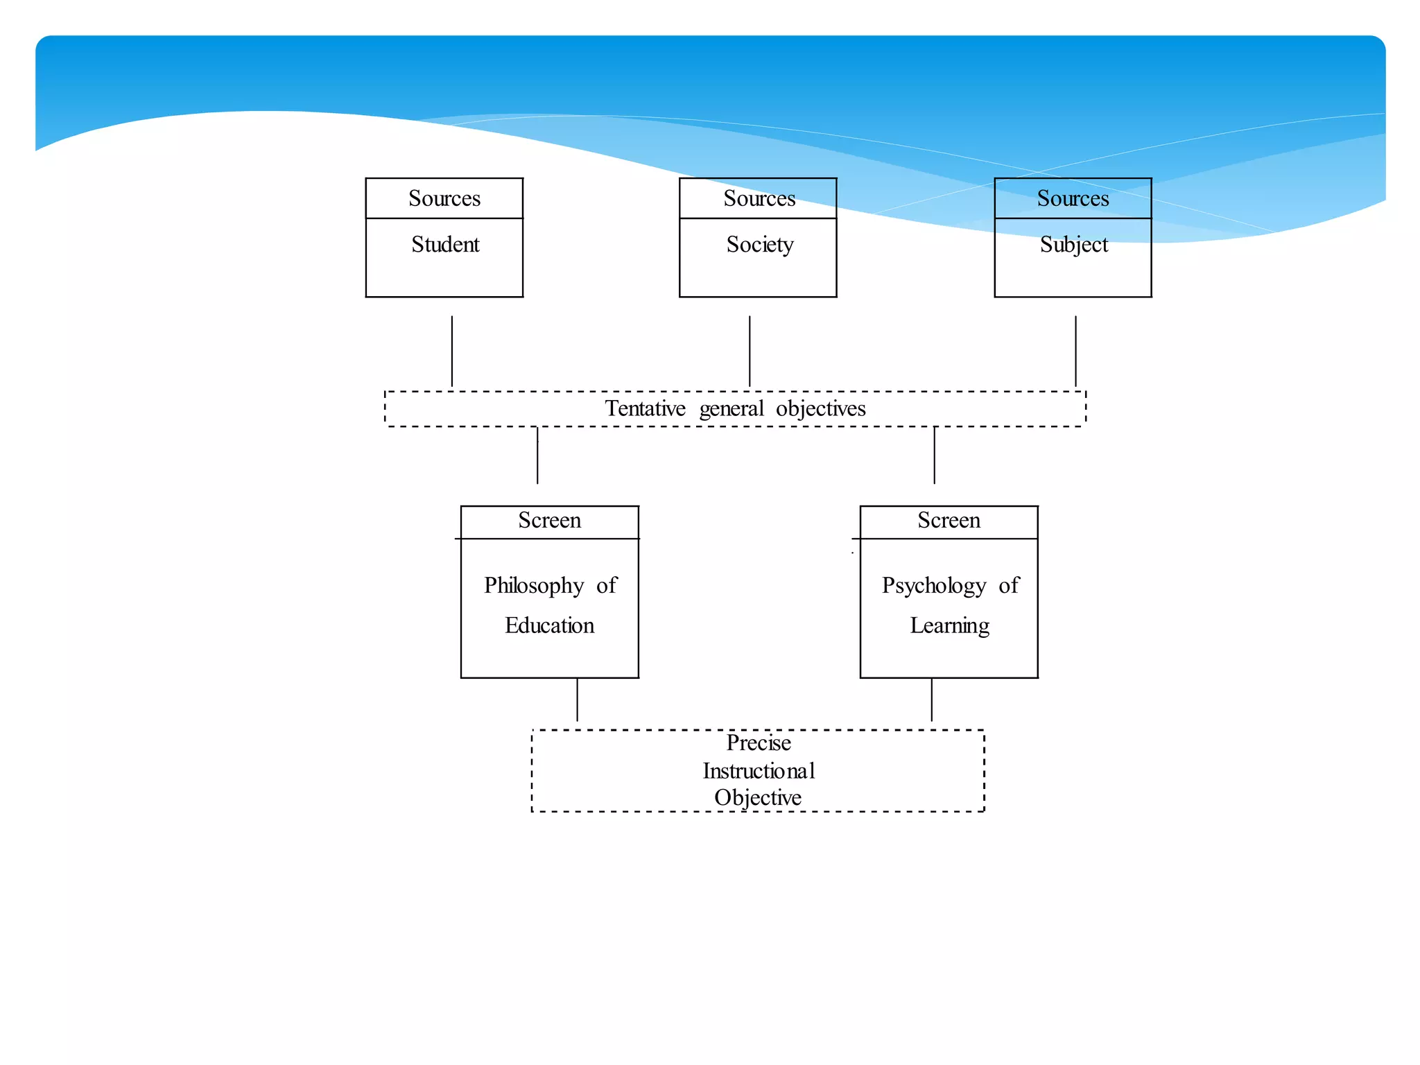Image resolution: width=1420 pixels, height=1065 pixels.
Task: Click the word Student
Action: pos(445,245)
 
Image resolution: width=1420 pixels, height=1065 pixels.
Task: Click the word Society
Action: pos(760,245)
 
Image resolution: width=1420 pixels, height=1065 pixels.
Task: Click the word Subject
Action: pos(1073,245)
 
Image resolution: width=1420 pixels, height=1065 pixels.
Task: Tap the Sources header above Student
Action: pos(444,199)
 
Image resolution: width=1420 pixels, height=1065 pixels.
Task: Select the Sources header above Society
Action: pos(759,199)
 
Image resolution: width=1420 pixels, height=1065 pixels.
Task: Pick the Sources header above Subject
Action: pos(1073,199)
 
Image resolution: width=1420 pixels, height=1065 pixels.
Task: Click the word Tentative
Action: pos(645,409)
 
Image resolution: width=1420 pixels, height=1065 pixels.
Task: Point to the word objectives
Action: pos(820,409)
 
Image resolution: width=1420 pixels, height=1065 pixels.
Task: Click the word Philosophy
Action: pos(534,586)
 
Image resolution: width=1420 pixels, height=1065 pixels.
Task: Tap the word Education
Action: pos(549,626)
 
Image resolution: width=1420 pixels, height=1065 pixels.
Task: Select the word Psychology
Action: pos(933,586)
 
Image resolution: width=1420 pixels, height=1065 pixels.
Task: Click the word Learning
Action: pos(949,626)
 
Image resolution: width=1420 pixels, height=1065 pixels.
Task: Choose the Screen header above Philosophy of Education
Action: pos(549,521)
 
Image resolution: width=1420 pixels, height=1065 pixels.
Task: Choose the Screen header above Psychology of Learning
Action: pos(949,521)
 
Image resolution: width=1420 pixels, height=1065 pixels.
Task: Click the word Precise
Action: pos(759,743)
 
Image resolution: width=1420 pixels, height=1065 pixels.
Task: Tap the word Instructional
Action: pos(759,771)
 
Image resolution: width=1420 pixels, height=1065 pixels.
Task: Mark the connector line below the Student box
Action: pos(452,352)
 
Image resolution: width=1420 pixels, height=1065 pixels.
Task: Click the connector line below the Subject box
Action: pos(1075,352)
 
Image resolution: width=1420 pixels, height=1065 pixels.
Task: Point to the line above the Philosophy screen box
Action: pos(537,456)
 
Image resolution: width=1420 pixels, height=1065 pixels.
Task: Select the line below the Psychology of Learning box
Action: pos(931,700)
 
